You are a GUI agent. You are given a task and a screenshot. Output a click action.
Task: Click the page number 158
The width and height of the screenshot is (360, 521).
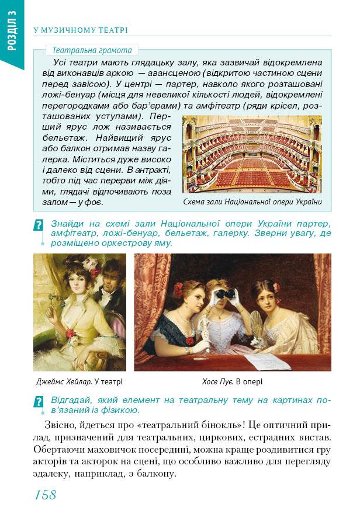point(46,495)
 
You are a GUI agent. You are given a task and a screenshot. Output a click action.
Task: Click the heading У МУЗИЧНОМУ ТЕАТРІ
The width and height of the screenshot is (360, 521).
point(81,30)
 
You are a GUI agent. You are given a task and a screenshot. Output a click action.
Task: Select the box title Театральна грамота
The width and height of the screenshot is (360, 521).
point(92,50)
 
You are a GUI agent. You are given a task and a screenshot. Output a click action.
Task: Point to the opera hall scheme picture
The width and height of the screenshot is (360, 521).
point(252,153)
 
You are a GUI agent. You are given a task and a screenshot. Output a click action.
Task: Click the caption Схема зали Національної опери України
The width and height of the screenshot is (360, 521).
point(252,202)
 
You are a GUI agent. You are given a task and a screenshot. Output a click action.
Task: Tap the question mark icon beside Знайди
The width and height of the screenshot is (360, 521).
point(39,225)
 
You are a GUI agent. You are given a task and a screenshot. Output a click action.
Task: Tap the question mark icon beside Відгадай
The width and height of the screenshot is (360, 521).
point(39,402)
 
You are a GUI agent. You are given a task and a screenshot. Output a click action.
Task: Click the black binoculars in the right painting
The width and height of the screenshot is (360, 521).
point(226,294)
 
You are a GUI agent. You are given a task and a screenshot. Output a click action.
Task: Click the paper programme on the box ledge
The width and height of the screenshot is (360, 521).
point(269,361)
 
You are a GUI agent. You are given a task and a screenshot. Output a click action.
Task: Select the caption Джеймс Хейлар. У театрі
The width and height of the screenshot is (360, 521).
point(79,383)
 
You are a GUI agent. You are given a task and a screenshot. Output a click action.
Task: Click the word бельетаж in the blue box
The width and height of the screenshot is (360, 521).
point(63,138)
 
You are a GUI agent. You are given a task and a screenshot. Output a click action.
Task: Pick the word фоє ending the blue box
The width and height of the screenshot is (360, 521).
point(92,202)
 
